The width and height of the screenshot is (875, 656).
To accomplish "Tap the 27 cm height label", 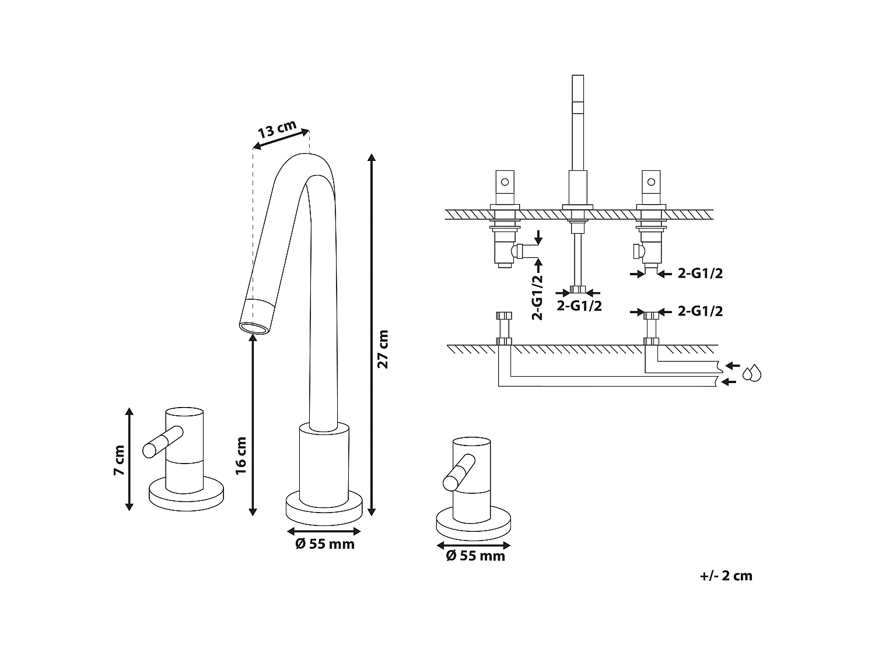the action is coord(383,349).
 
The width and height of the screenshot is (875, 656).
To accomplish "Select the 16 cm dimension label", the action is coord(241,455).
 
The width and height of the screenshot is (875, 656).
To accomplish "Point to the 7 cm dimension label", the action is coord(119,460).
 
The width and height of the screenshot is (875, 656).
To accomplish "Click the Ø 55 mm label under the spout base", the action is coord(325,544).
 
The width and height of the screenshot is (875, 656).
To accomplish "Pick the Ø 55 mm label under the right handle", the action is coord(475,556).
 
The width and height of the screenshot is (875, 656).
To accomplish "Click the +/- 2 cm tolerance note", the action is coord(726,576).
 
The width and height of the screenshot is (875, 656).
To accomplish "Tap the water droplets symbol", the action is coord(751,373).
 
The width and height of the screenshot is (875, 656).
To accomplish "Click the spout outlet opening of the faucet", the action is coord(255,329).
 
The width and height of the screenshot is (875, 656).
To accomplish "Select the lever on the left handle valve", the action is coord(163,442).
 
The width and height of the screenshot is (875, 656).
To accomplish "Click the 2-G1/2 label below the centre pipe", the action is coord(579,306).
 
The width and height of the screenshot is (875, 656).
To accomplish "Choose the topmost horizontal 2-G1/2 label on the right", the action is coord(700,273).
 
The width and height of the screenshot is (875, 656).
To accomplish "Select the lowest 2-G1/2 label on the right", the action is coord(700,311).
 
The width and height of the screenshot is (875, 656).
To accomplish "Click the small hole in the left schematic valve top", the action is coord(505,182).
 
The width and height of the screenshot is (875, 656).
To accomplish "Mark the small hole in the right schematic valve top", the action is coord(651,182).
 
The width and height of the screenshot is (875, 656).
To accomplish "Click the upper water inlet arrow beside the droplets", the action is coord(733,365).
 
